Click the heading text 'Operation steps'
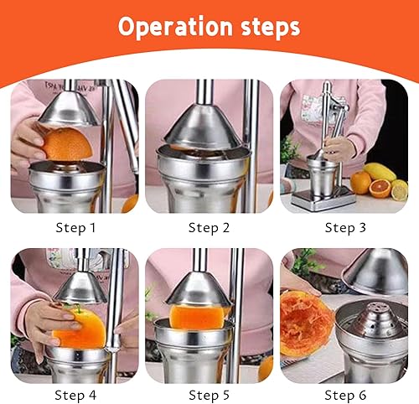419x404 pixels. tap(209, 27)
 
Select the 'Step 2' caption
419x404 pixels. tap(209, 227)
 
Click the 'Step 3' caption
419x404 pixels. tap(345, 227)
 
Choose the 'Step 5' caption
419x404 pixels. tap(209, 395)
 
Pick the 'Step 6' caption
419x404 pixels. tap(345, 395)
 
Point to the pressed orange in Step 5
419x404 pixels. tap(199, 317)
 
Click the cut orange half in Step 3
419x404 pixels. tap(380, 190)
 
